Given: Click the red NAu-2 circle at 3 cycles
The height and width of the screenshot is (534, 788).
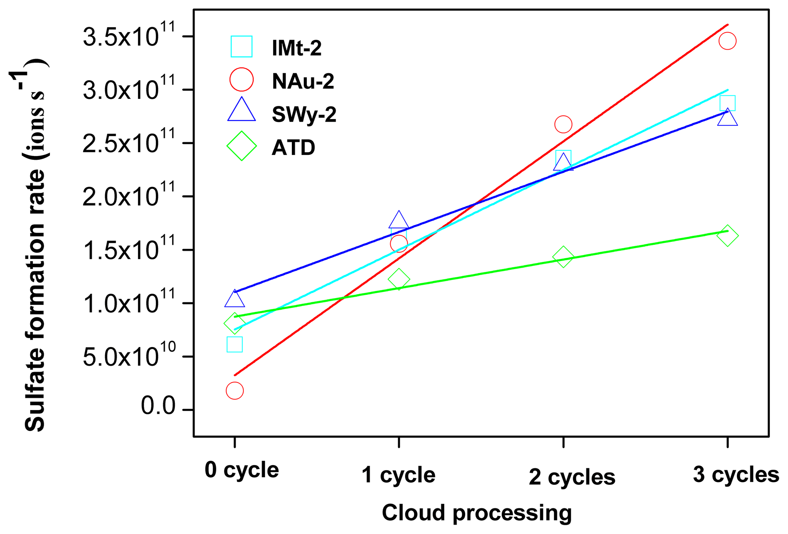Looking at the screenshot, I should (x=727, y=41).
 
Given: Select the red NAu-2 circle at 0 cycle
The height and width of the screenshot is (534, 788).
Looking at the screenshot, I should (x=234, y=391).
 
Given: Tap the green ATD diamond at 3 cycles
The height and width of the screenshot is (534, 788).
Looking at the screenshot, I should (x=727, y=236).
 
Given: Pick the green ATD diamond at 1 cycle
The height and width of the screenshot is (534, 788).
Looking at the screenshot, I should (x=399, y=279).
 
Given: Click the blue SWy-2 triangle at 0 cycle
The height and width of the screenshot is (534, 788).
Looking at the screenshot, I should (x=234, y=299).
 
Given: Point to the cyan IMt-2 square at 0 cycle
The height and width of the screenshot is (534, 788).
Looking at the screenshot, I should (x=234, y=344).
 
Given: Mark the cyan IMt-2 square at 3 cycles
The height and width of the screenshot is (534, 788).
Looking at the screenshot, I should (x=727, y=103).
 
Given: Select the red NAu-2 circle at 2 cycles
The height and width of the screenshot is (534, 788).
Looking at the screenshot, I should (x=563, y=124).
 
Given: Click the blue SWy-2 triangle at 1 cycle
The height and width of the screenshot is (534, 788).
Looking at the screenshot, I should (x=399, y=220).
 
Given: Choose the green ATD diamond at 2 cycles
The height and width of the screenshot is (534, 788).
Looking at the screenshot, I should (x=563, y=257).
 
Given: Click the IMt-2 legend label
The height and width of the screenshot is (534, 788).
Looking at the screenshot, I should (x=296, y=48).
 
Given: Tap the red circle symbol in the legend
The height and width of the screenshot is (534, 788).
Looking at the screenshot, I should (x=241, y=80).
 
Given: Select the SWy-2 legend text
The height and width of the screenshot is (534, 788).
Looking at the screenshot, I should (x=304, y=114).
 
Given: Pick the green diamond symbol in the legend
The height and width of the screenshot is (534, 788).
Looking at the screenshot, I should (x=241, y=146).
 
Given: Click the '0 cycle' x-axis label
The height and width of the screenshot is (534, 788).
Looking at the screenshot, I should (x=242, y=470).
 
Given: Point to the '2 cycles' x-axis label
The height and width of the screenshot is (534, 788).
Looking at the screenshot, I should (x=572, y=476).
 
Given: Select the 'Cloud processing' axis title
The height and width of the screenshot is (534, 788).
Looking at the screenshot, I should (x=477, y=512).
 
